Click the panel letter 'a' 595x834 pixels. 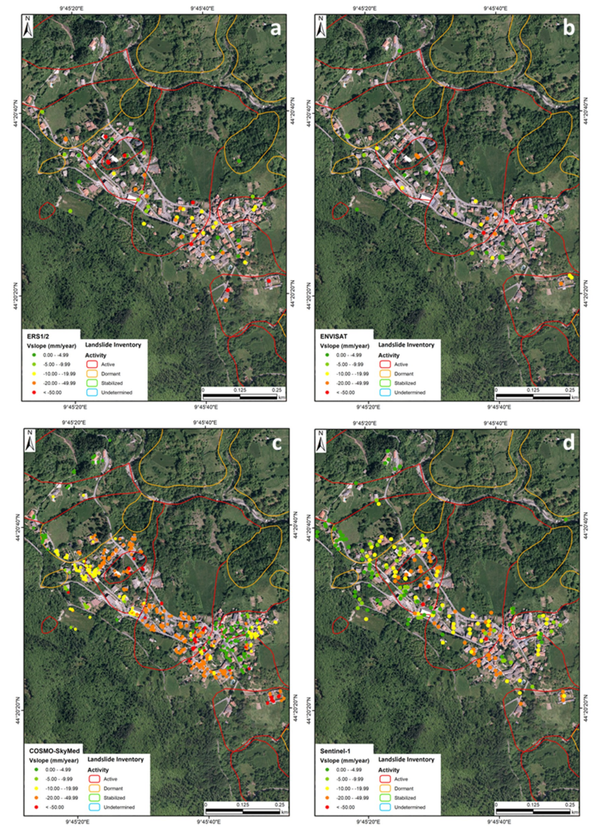(276, 29)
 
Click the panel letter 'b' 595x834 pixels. (569, 29)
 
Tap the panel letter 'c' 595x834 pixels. (277, 443)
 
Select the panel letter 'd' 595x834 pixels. (569, 443)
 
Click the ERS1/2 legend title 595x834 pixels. (38, 337)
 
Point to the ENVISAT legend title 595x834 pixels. (333, 337)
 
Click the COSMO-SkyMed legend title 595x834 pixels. (54, 751)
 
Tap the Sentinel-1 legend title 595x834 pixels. (337, 751)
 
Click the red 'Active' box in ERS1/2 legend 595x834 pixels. (92, 364)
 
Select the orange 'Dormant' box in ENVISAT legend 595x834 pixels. (385, 374)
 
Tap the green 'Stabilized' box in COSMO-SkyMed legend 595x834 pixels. (95, 797)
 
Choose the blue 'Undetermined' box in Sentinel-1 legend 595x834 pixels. (385, 807)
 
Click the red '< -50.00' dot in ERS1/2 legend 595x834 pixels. (34, 392)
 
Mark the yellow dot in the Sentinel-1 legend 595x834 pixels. (327, 788)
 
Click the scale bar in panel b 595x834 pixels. (533, 396)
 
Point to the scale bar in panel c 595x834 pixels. (242, 811)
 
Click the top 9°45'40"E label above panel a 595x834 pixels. (202, 9)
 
